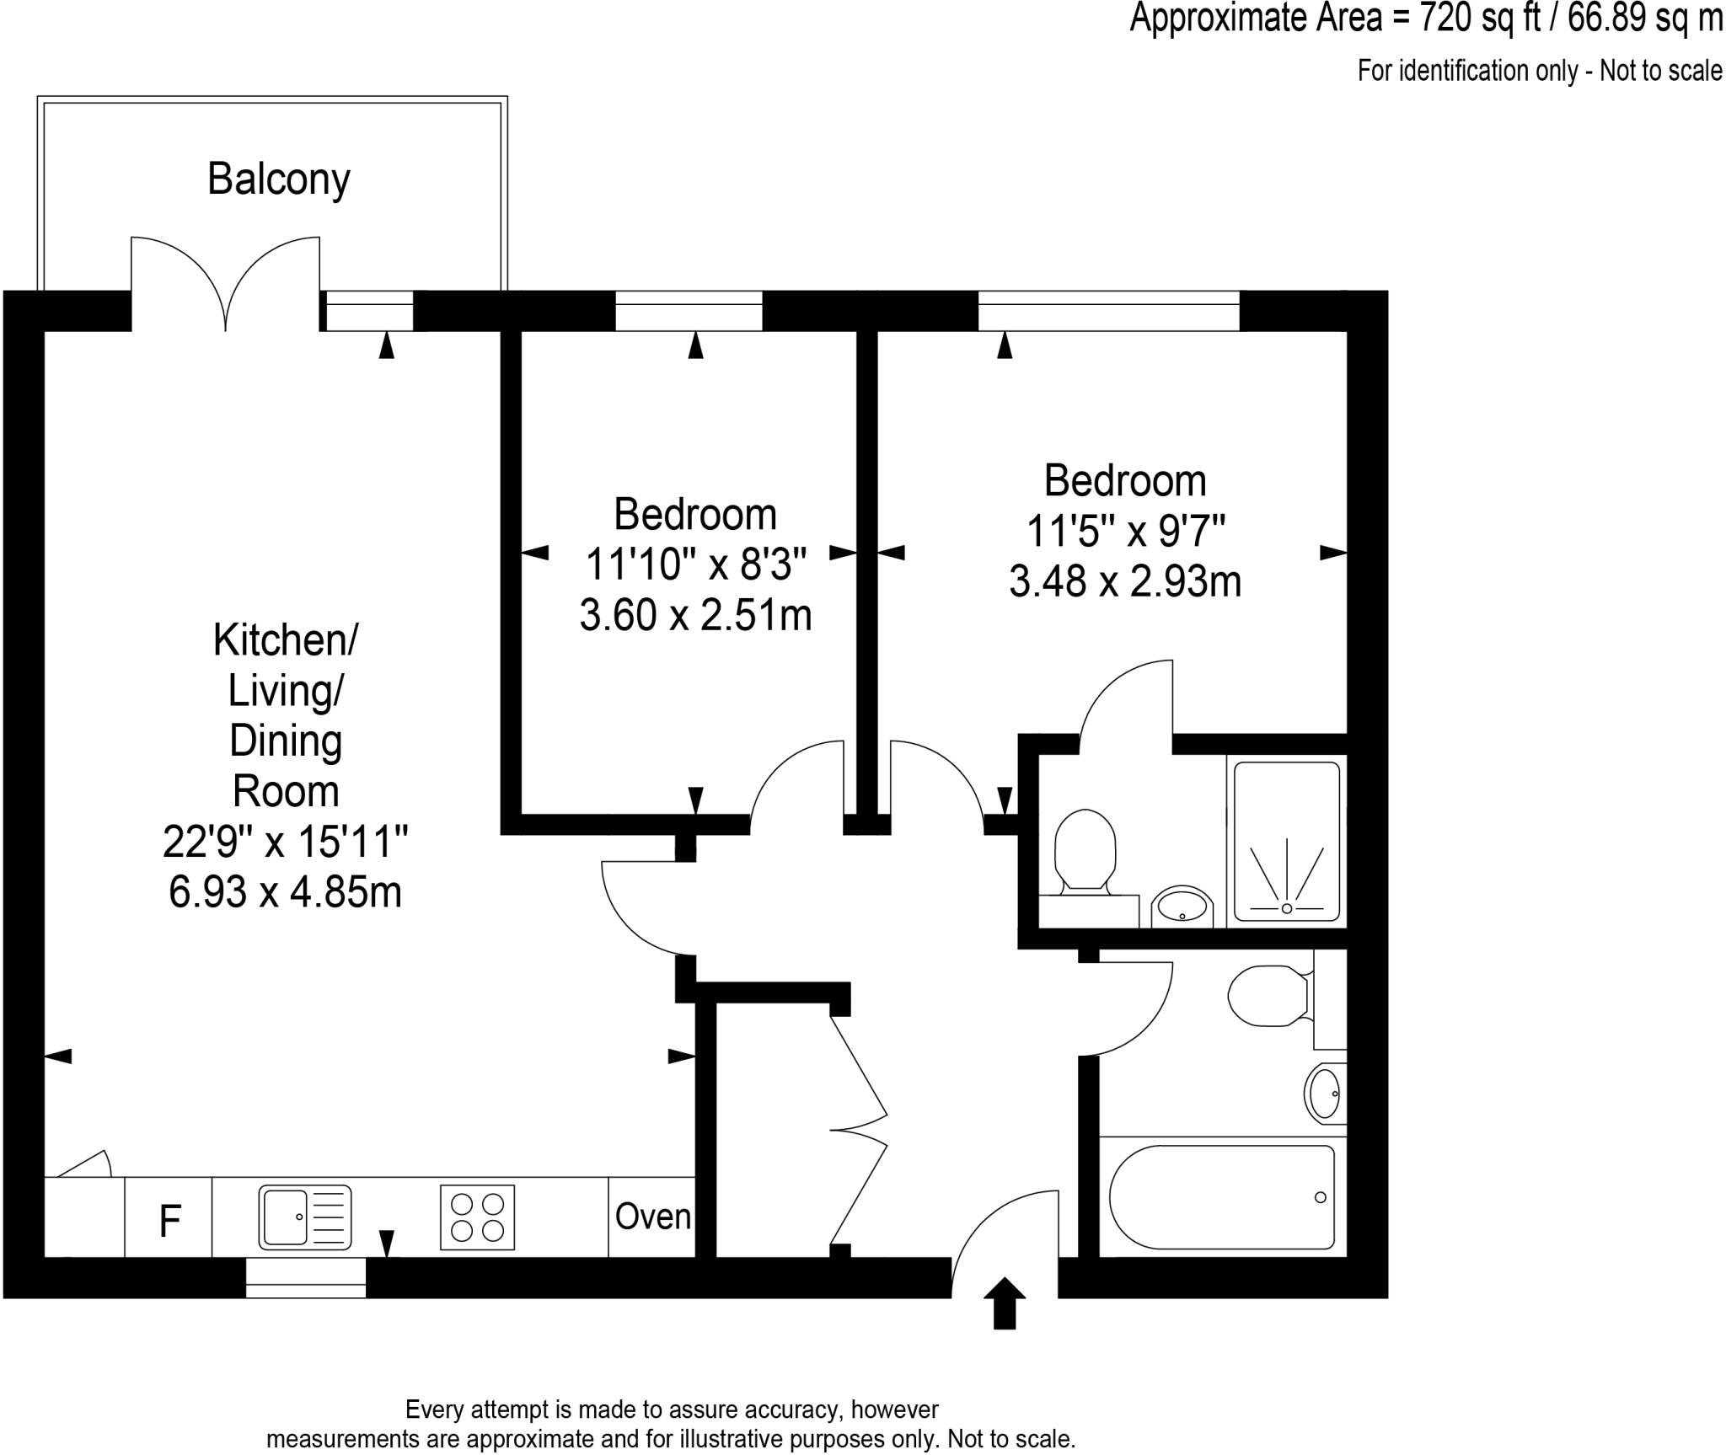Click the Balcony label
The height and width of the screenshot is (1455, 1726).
278,179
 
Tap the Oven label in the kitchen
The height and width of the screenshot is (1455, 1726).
652,1217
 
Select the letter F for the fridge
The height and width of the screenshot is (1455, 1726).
169,1221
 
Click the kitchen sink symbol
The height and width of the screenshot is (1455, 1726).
304,1217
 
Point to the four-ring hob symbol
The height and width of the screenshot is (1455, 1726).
477,1217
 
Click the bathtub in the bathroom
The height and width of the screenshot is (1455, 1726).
1221,1196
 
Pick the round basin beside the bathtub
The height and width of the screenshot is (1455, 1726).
1324,1094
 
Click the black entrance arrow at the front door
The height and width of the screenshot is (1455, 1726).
1005,1303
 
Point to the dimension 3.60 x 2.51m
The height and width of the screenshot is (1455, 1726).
695,615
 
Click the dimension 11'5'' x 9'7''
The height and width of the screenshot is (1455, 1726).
1125,532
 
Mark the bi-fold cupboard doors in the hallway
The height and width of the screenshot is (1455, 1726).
860,1131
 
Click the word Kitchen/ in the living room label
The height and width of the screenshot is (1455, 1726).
285,640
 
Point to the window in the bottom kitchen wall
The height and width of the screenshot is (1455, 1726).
306,1277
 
